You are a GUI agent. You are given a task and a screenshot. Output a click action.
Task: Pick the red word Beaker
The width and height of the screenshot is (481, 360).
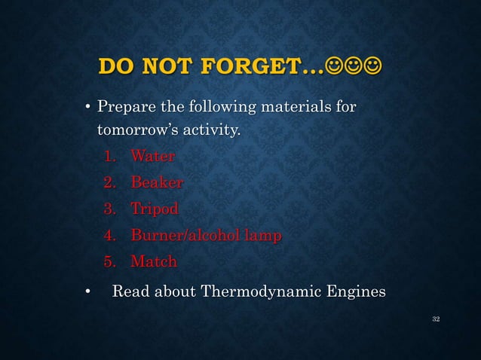tap(156, 183)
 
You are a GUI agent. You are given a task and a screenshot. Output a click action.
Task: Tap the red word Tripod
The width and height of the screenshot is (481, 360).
tap(155, 209)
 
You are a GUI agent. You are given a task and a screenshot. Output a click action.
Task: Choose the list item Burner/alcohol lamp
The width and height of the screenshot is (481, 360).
tap(206, 236)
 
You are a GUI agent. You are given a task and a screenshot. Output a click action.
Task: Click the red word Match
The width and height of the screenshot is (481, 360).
tap(154, 262)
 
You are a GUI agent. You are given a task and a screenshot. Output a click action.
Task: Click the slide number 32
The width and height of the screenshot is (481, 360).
tap(435, 320)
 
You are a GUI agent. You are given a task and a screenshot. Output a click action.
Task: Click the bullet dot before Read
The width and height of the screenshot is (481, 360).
tap(87, 292)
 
